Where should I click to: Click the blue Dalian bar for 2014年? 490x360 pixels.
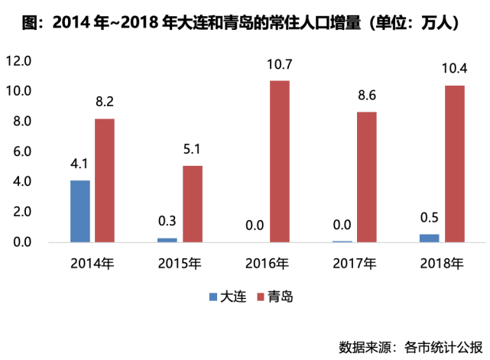coord(80,212)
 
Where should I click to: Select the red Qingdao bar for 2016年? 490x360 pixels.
coord(280,161)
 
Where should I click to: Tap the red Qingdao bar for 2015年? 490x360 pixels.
coord(193,204)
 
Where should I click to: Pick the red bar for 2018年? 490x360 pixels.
coord(454,164)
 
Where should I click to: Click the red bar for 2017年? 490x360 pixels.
coord(367,177)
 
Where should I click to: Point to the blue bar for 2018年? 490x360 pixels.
coord(430,238)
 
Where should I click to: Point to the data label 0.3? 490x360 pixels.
coord(167,222)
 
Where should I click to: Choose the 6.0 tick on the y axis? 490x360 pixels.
coord(21,151)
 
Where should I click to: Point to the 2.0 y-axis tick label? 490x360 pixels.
coord(21,212)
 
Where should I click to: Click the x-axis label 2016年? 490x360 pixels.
coord(267,264)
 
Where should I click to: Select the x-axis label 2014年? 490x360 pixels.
coord(92,264)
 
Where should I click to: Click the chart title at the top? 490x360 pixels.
coord(245,23)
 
